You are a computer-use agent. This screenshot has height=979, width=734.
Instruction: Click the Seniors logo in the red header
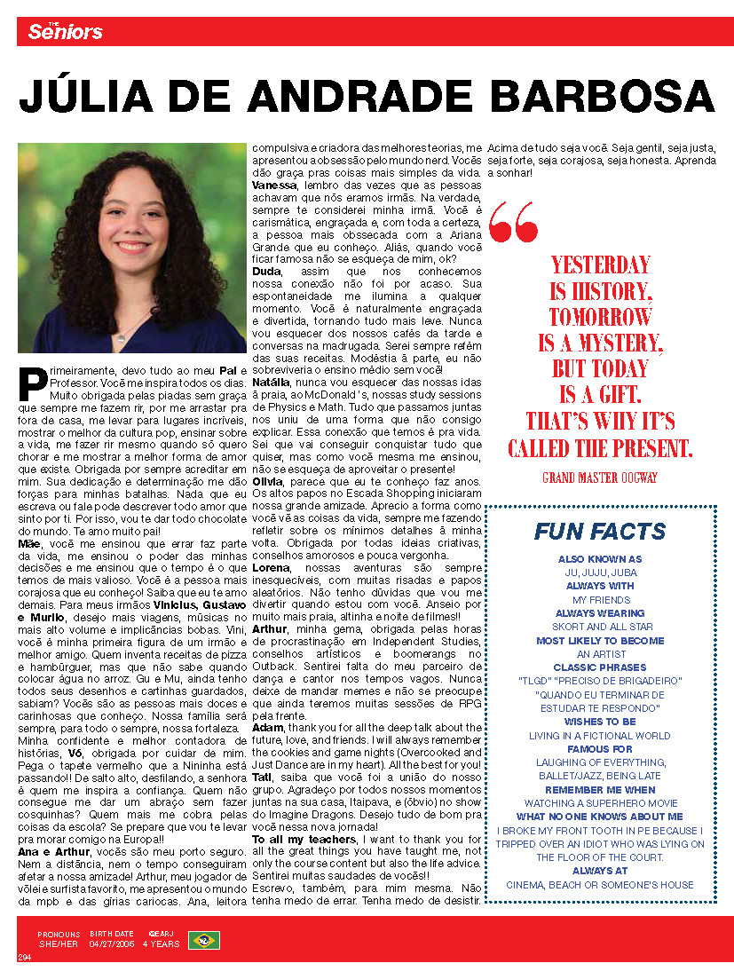coord(65,32)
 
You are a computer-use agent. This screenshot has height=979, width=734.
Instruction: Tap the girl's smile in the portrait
coord(132,246)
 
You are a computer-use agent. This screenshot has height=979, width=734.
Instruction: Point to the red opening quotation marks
coord(513,221)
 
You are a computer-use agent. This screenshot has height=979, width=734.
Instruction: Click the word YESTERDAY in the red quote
coord(600,264)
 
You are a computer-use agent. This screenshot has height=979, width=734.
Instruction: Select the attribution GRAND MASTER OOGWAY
coord(599,478)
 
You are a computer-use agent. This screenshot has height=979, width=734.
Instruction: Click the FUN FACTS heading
coord(599,532)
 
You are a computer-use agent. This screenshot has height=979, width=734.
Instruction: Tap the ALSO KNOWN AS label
coord(599,559)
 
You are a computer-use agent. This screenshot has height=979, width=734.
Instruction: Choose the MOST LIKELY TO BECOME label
coord(599,640)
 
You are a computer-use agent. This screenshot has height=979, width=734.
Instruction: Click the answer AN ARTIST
coord(599,654)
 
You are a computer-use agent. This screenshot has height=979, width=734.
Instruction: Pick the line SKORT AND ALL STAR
coord(599,627)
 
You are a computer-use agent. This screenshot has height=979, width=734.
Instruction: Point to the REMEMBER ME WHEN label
coord(599,789)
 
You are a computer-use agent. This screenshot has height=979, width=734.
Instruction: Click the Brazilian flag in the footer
coord(203,940)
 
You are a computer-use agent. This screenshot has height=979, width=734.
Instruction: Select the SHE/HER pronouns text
coord(59,944)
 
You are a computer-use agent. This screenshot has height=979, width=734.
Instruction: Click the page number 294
coord(26,957)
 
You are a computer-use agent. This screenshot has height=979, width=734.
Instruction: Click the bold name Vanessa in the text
coord(276,183)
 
